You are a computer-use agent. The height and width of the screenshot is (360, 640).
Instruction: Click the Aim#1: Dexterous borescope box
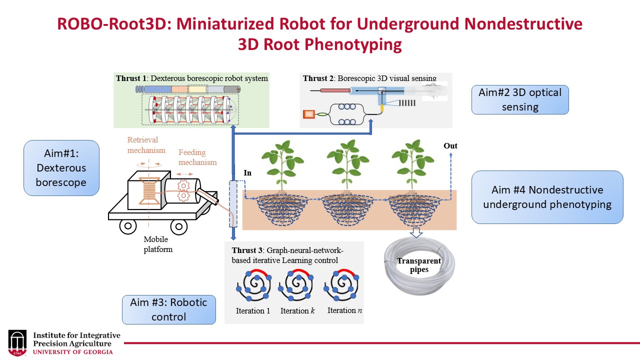pos(61,167)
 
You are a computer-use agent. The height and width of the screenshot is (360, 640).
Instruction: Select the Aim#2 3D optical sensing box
pos(520,99)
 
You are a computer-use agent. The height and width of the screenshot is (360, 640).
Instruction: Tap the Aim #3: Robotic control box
pos(169,309)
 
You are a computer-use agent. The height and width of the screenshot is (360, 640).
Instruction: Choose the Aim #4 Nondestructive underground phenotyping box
pos(547,197)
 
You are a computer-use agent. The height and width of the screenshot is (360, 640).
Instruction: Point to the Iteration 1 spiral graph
pos(253,286)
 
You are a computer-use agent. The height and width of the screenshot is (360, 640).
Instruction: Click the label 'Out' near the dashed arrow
pos(450,146)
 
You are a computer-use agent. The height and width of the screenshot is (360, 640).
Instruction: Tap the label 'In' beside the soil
pos(247,173)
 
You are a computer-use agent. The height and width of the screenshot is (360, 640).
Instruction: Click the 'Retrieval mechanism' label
pos(146,145)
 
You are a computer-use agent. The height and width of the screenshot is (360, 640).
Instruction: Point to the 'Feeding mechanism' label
pos(197,157)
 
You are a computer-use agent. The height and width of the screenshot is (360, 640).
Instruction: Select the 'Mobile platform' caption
pos(158,244)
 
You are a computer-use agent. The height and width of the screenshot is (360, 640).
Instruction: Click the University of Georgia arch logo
pos(17,342)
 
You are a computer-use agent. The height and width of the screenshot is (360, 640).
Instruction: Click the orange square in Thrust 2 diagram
pos(308,114)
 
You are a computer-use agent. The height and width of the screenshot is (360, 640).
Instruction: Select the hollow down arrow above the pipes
pos(416,232)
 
